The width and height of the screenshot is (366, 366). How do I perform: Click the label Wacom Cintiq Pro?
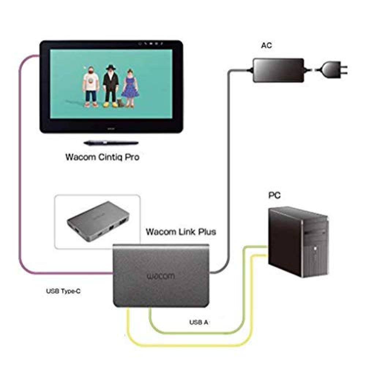[102, 157]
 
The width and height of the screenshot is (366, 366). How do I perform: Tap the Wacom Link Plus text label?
[181, 232]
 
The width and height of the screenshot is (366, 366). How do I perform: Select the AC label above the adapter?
[266, 46]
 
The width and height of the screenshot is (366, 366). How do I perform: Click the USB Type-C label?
[63, 292]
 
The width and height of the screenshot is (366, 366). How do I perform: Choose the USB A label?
[199, 322]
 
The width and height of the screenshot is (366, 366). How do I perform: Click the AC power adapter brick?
[278, 70]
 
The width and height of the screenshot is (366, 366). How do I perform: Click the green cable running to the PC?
[198, 332]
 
